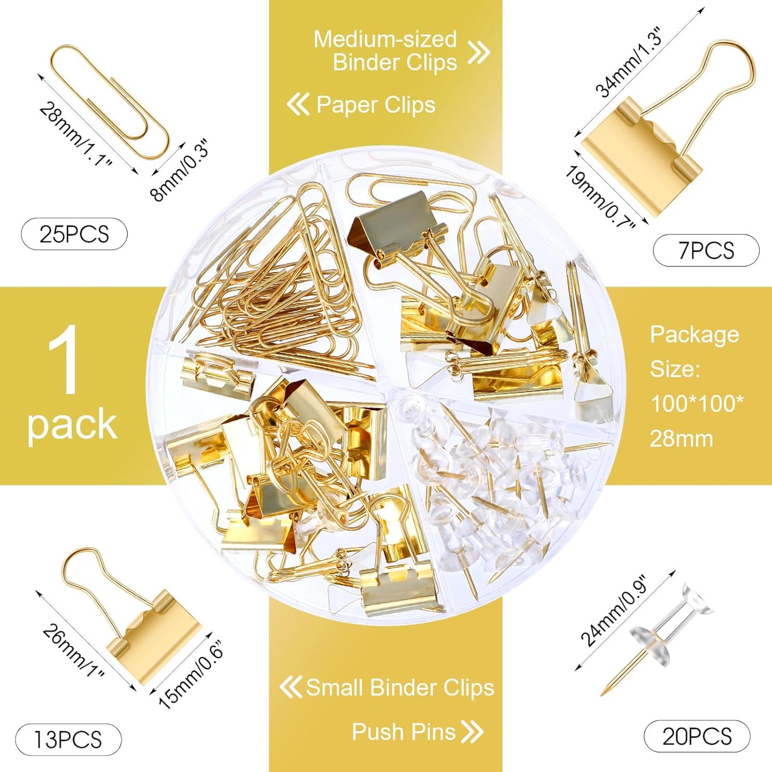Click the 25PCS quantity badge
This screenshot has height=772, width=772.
(74, 234)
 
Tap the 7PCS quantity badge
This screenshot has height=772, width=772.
(706, 250)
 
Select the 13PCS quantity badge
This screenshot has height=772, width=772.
(68, 739)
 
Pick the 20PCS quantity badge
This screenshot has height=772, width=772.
(697, 737)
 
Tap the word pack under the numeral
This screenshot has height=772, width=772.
(72, 425)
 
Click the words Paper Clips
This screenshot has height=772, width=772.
(376, 105)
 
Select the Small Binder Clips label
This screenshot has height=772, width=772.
(400, 688)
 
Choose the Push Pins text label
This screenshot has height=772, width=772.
(403, 731)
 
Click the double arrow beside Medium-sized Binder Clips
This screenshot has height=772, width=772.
(479, 52)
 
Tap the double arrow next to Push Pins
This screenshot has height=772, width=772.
(472, 731)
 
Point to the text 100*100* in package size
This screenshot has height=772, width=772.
(696, 403)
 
